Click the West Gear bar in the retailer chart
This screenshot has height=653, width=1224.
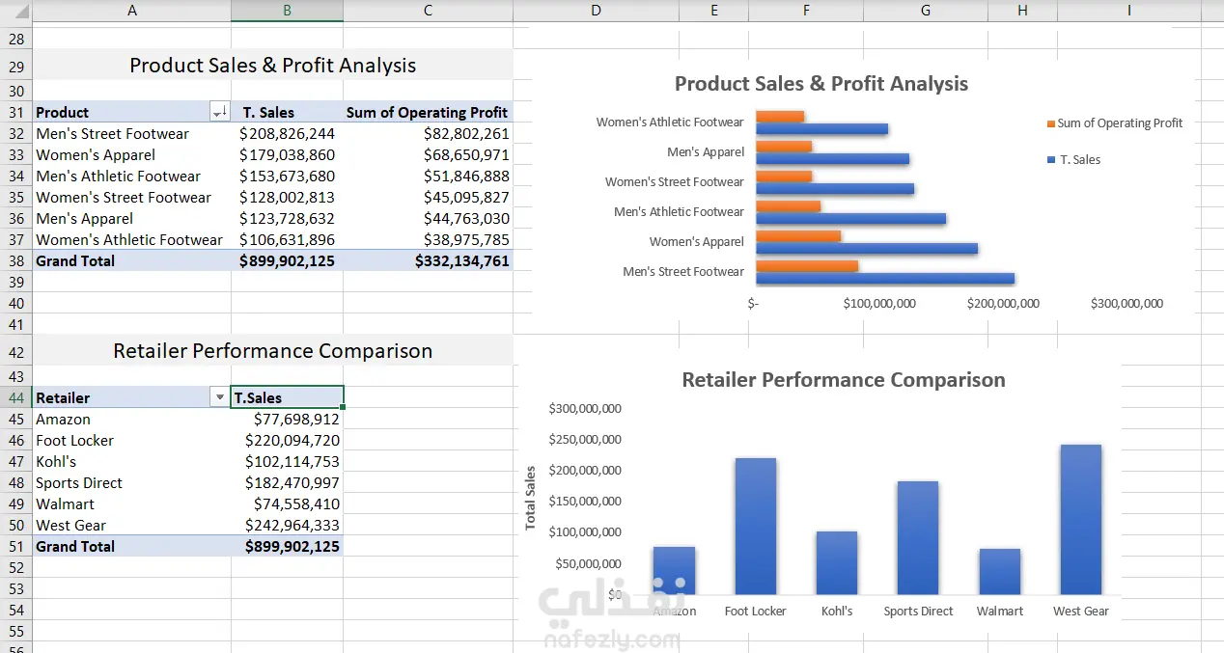pyautogui.click(x=1081, y=519)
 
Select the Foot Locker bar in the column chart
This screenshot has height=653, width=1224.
pyautogui.click(x=756, y=526)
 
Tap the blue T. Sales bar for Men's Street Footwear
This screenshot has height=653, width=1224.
pyautogui.click(x=885, y=279)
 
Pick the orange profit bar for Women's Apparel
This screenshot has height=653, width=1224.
pyautogui.click(x=798, y=236)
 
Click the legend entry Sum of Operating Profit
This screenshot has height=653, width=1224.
pyautogui.click(x=1115, y=123)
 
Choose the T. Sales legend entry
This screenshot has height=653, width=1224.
pyautogui.click(x=1073, y=159)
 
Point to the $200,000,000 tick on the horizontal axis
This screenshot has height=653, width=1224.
pyautogui.click(x=1003, y=304)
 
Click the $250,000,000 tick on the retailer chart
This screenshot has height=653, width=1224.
pyautogui.click(x=585, y=440)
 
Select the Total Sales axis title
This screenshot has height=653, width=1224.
pyautogui.click(x=530, y=498)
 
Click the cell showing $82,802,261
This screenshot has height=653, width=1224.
pyautogui.click(x=466, y=134)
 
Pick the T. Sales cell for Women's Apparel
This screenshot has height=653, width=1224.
pyautogui.click(x=287, y=155)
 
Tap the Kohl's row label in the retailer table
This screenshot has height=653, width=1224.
pyautogui.click(x=56, y=462)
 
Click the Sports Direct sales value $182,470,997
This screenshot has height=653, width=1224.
pyautogui.click(x=292, y=483)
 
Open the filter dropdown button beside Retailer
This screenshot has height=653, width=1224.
pyautogui.click(x=220, y=397)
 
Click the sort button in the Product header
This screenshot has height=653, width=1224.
pyautogui.click(x=220, y=112)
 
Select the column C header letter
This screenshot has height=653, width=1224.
pyautogui.click(x=428, y=11)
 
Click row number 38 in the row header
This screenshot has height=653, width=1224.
pyautogui.click(x=16, y=261)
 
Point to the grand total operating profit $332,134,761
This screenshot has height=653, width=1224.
pyautogui.click(x=462, y=261)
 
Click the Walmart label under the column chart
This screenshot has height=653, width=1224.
pyautogui.click(x=1000, y=611)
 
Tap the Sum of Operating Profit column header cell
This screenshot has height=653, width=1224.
pyautogui.click(x=427, y=113)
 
